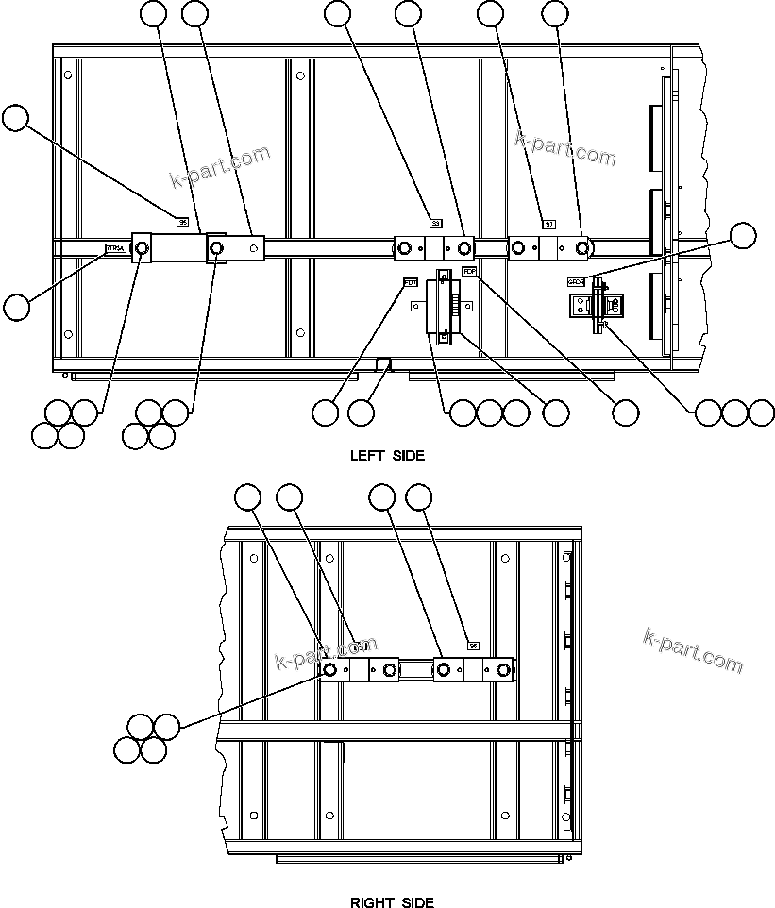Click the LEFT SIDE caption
pyautogui.click(x=387, y=455)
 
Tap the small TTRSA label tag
pyautogui.click(x=115, y=249)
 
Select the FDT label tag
pyautogui.click(x=411, y=282)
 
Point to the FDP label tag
pyautogui.click(x=469, y=272)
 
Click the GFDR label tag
pyautogui.click(x=576, y=281)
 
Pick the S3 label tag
pyautogui.click(x=435, y=223)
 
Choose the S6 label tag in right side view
pyautogui.click(x=474, y=647)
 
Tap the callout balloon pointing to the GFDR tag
pyautogui.click(x=744, y=235)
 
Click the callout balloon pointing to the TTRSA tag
pyautogui.click(x=16, y=306)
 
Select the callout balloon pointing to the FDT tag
pyautogui.click(x=326, y=412)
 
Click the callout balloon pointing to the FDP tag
pyautogui.click(x=625, y=412)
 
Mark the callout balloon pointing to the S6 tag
pyautogui.click(x=418, y=496)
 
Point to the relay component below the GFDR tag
pyautogui.click(x=596, y=307)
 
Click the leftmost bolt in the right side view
pyautogui.click(x=330, y=670)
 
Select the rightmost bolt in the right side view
pyautogui.click(x=503, y=670)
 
